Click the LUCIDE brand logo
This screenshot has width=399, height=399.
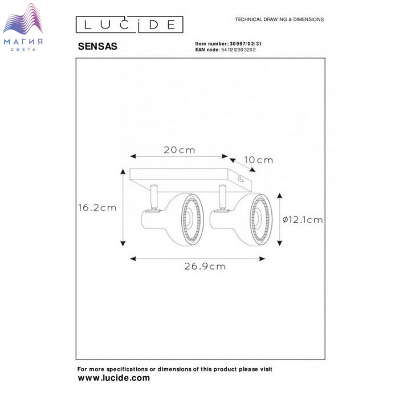pyautogui.click(x=129, y=25)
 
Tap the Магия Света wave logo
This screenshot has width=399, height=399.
pyautogui.click(x=23, y=27)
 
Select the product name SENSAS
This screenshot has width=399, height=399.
pyautogui.click(x=97, y=46)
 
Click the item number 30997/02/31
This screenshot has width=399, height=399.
pyautogui.click(x=246, y=44)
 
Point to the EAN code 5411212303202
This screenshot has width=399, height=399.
pyautogui.click(x=238, y=50)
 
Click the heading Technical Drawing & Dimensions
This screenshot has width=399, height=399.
pyautogui.click(x=279, y=19)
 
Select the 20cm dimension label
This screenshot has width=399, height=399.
pyautogui.click(x=180, y=150)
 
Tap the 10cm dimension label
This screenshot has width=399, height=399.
pyautogui.click(x=259, y=160)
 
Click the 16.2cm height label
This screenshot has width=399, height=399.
pyautogui.click(x=97, y=207)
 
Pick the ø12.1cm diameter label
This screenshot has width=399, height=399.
pyautogui.click(x=303, y=219)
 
